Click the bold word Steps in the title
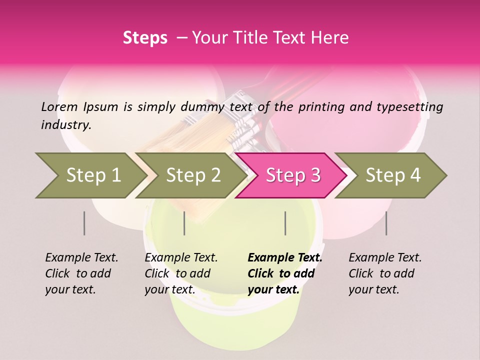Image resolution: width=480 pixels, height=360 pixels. tap(145, 38)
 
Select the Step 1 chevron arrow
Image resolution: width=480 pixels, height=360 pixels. tap(90, 175)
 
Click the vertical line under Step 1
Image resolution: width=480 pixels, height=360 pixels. tap(84, 223)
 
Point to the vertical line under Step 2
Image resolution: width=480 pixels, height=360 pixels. tap(184, 223)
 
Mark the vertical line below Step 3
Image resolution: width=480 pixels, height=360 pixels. tap(285, 223)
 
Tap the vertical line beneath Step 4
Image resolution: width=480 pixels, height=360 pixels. tap(386, 223)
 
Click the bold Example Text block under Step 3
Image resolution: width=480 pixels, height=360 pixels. tap(285, 273)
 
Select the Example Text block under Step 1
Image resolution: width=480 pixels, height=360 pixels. tap(81, 273)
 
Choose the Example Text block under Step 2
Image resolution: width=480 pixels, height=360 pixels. tap(181, 273)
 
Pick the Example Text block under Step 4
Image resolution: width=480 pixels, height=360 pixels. tap(385, 273)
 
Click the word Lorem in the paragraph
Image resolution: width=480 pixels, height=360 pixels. tap(59, 106)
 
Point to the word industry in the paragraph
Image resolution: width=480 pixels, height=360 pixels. tap(66, 125)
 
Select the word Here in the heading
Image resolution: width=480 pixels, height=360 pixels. tap(330, 38)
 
